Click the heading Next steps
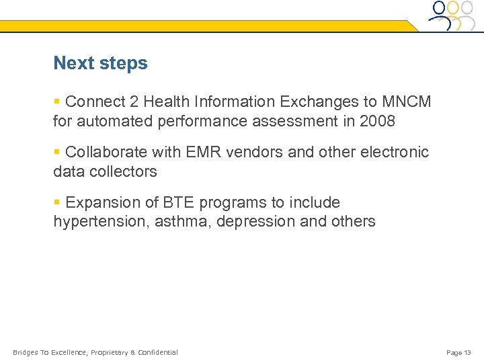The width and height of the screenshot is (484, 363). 100,63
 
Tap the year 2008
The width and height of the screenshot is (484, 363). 377,122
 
